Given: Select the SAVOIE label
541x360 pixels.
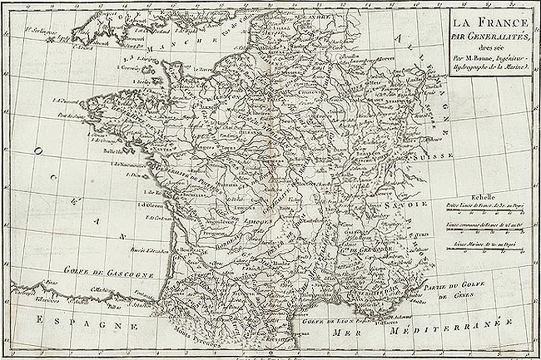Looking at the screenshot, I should (406, 203).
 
